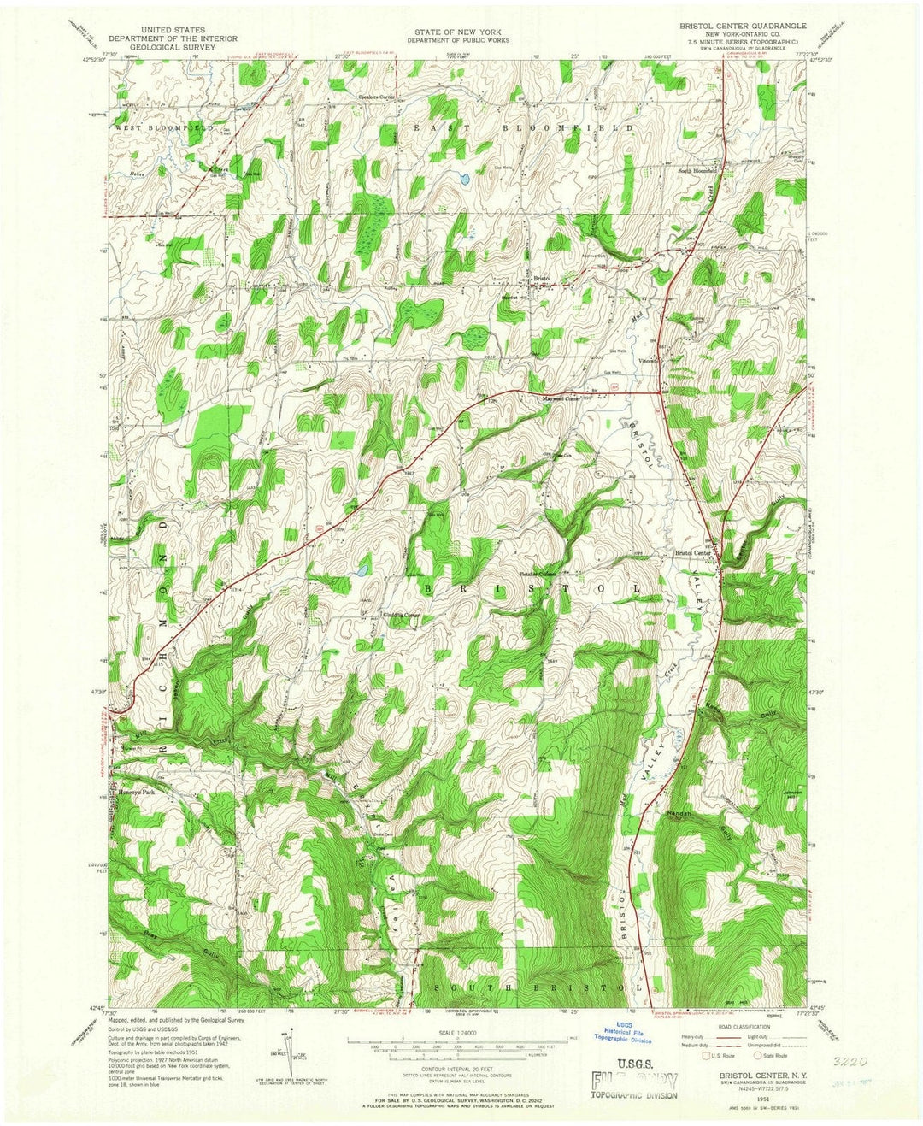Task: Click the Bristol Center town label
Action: [693, 553]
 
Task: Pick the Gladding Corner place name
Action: [401, 615]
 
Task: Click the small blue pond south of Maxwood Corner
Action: [362, 569]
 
